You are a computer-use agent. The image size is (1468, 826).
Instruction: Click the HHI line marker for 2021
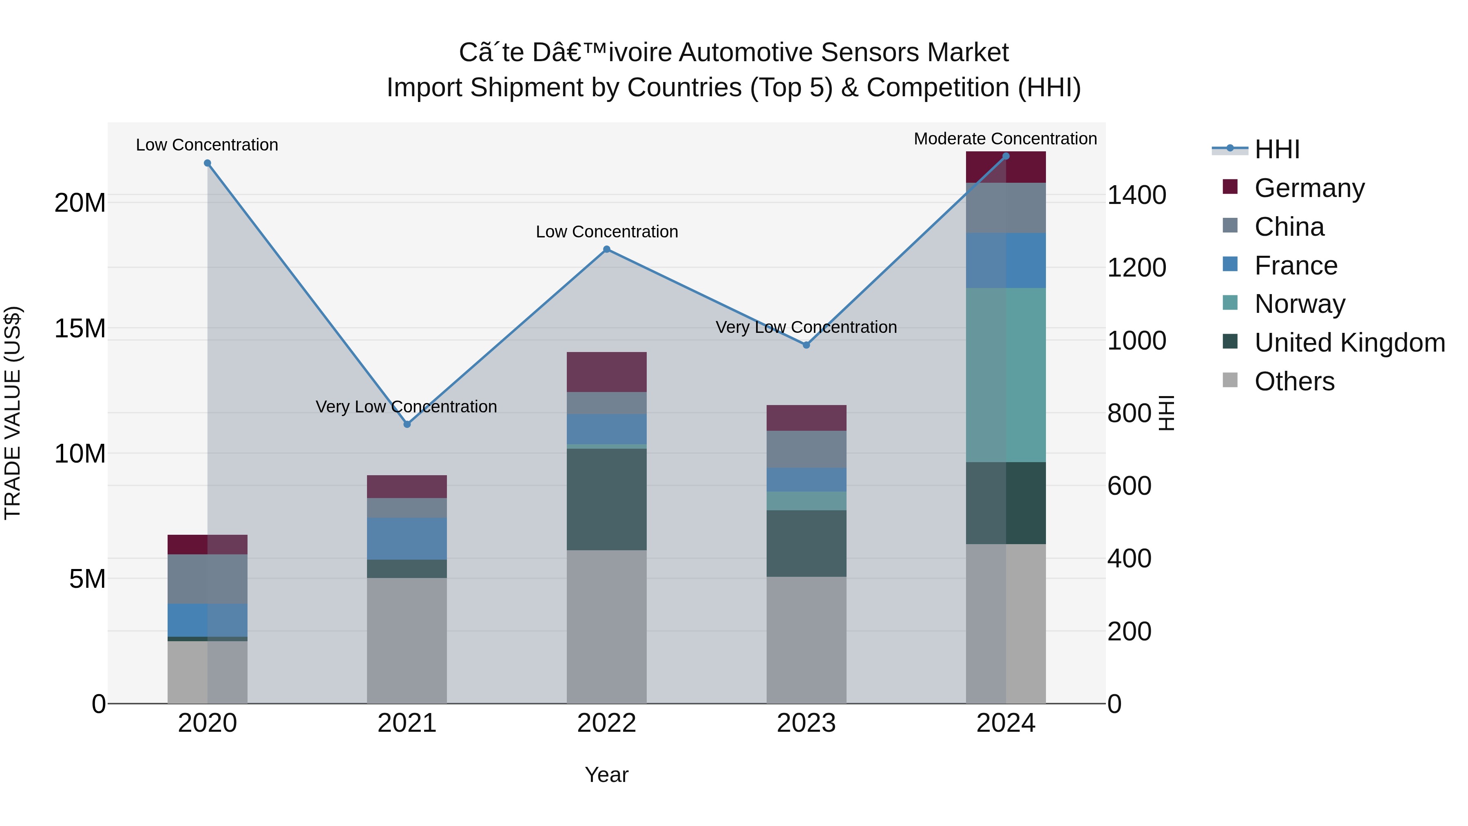point(407,424)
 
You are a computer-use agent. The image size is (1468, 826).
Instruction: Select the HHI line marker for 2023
point(806,345)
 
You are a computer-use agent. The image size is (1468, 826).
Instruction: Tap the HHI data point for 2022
point(606,249)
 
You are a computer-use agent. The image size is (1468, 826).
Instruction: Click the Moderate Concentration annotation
point(1005,139)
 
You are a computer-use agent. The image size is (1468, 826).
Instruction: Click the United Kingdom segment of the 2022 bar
point(606,499)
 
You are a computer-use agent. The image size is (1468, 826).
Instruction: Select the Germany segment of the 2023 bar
point(806,417)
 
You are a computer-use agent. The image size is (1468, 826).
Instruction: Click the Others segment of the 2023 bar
point(806,640)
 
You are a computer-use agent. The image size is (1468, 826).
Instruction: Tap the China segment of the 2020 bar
point(208,578)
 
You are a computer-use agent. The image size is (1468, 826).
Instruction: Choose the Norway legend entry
point(1299,304)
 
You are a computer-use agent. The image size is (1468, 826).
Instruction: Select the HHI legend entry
point(1276,149)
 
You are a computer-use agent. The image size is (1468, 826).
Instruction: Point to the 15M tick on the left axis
point(80,328)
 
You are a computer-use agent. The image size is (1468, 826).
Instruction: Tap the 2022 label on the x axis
point(606,723)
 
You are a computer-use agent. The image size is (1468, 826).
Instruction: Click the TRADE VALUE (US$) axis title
point(13,413)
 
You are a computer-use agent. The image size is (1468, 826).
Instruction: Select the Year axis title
point(606,775)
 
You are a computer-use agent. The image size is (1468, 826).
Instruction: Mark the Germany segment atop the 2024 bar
point(1005,167)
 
